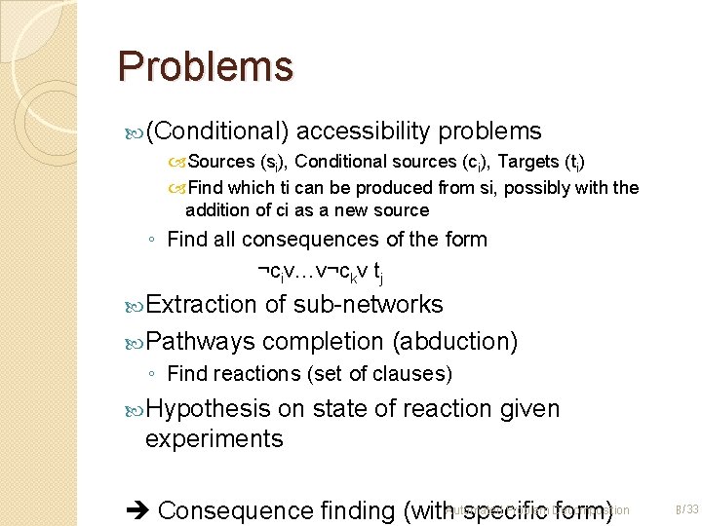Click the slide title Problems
(205, 66)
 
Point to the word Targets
(531, 162)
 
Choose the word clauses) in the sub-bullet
(417, 374)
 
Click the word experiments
(214, 439)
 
